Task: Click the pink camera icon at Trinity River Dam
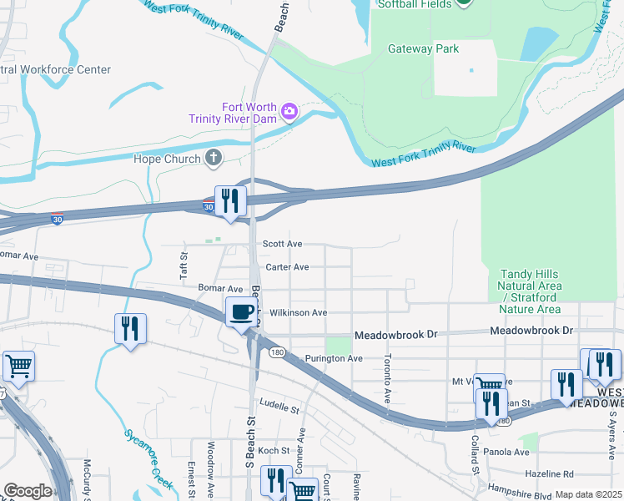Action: (289, 111)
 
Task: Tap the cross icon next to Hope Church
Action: (214, 159)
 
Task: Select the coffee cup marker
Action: (241, 313)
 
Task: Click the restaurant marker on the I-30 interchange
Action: (229, 201)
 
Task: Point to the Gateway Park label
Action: (423, 48)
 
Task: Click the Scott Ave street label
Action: (282, 244)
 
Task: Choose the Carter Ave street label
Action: (287, 267)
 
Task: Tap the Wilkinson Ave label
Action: (298, 312)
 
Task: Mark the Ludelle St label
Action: (279, 409)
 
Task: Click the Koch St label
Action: (273, 450)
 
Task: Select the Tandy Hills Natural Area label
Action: (530, 291)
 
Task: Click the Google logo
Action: (27, 491)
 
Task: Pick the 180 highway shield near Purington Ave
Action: (277, 352)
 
